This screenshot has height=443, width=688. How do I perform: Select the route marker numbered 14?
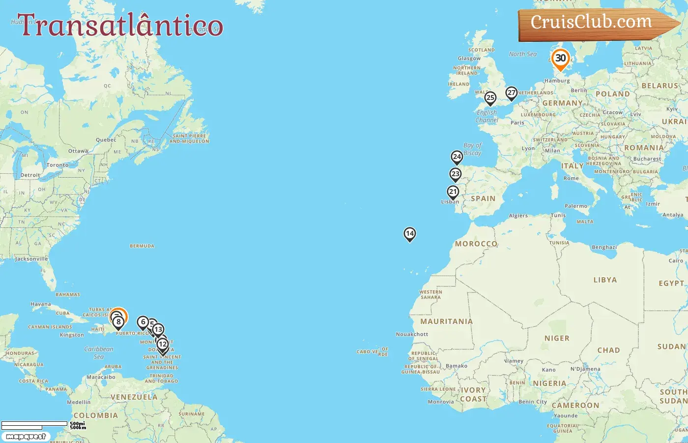click(409, 234)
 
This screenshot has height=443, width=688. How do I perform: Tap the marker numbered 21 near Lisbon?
click(453, 192)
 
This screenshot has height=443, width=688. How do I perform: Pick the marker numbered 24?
click(457, 157)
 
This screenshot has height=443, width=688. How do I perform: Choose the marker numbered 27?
click(512, 93)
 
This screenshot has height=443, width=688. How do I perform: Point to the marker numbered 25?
click(490, 98)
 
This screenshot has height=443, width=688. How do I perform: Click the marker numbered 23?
click(456, 174)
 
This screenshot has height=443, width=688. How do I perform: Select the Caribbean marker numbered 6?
click(143, 322)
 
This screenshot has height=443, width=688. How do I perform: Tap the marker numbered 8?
click(118, 322)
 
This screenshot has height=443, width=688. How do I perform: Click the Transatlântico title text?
click(120, 26)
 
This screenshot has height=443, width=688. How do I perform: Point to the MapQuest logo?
click(26, 437)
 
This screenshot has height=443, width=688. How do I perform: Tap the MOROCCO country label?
click(476, 244)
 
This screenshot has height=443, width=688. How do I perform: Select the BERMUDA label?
click(142, 246)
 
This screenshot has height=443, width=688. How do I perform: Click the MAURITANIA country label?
click(446, 321)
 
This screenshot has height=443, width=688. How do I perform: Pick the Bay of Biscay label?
click(473, 149)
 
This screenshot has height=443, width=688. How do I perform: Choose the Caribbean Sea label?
click(99, 352)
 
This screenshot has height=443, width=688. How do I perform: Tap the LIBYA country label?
click(604, 280)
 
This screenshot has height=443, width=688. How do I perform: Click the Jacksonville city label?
click(31, 259)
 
